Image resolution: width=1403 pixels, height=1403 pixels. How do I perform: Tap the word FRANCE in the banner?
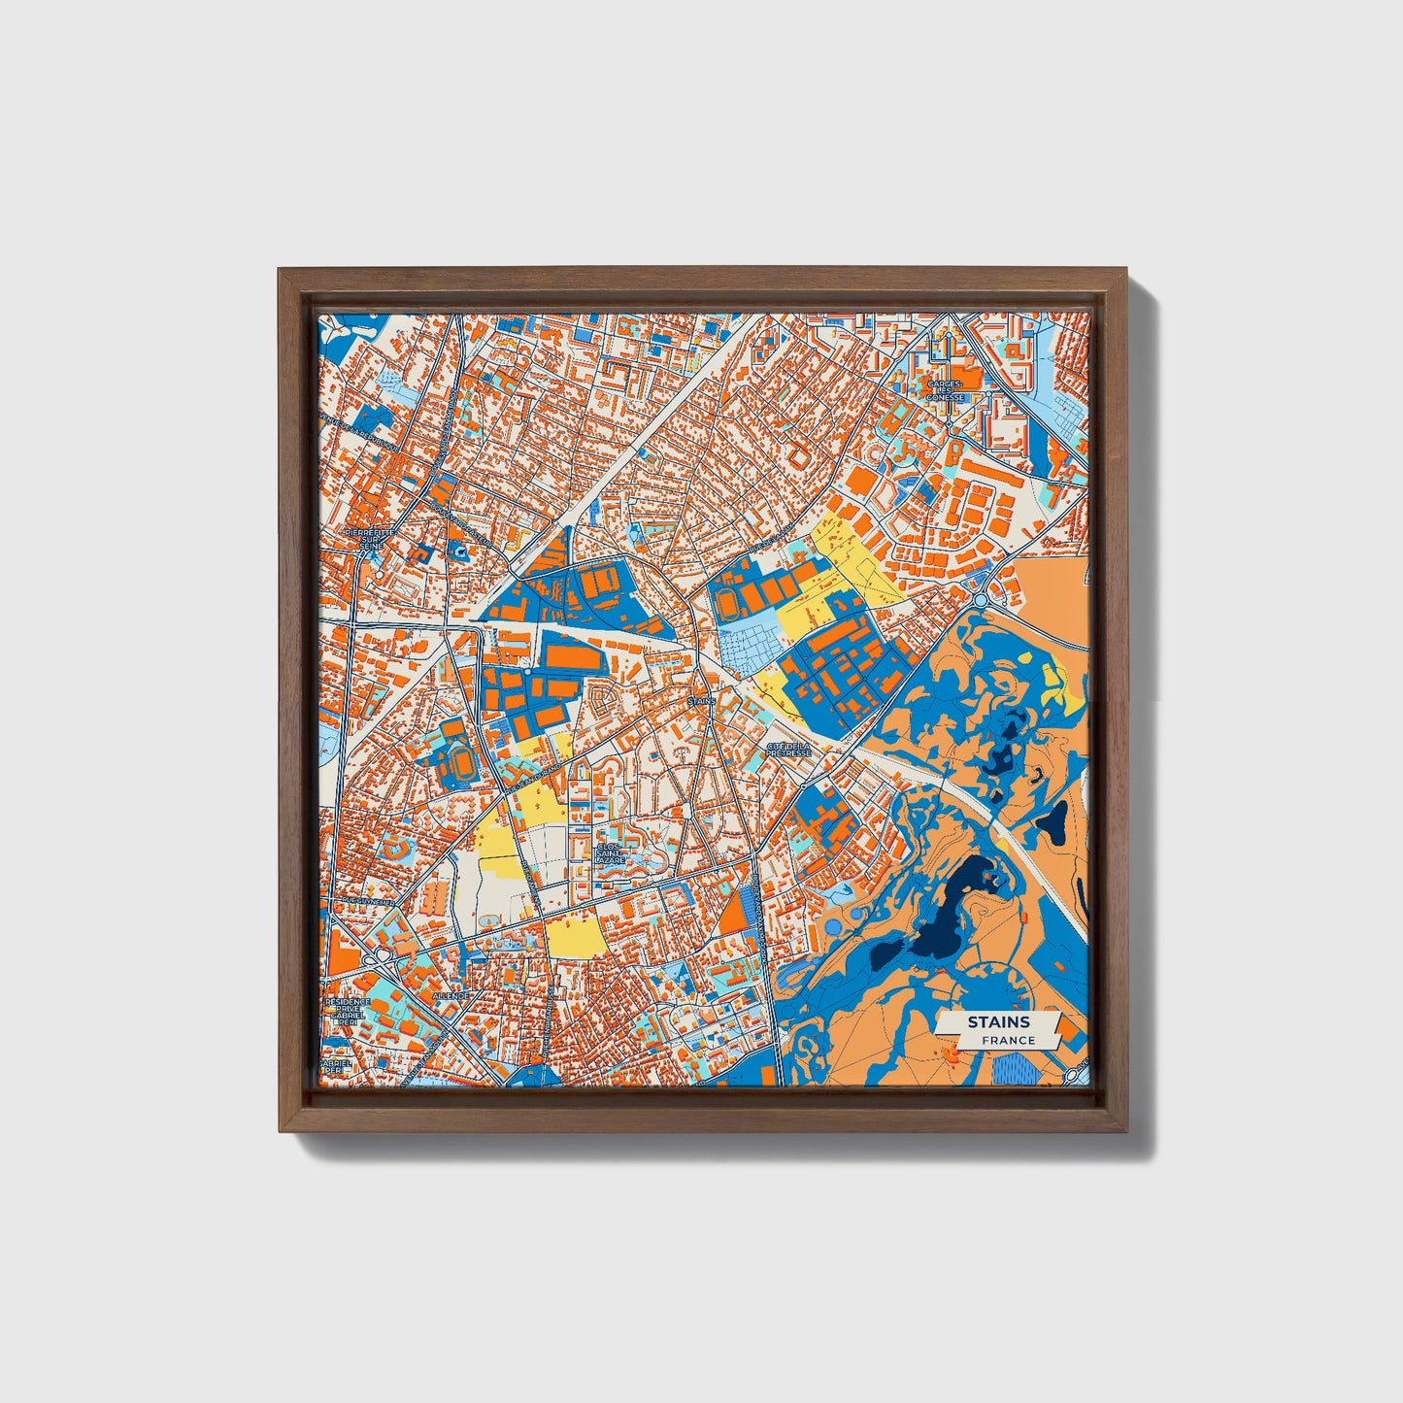1007,1040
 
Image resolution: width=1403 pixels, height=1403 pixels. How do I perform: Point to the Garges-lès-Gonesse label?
944,390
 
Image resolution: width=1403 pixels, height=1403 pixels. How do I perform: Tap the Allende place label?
450,995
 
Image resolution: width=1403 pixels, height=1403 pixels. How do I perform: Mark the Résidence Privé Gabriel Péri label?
348,1015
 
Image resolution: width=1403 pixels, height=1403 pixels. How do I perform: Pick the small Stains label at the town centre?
700,699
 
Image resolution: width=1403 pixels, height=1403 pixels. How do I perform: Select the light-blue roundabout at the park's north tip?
981,600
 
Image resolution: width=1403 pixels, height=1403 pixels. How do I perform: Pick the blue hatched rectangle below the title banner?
1016,1069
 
